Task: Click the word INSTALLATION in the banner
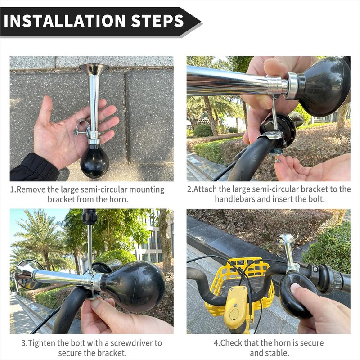[x=65, y=21]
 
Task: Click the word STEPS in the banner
[x=157, y=21]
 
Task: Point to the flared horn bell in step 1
[x=94, y=68]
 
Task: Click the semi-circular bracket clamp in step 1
[x=82, y=127]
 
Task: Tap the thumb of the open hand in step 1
[x=45, y=110]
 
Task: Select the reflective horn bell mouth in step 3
[x=26, y=274]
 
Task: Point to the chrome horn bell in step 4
[x=285, y=242]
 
